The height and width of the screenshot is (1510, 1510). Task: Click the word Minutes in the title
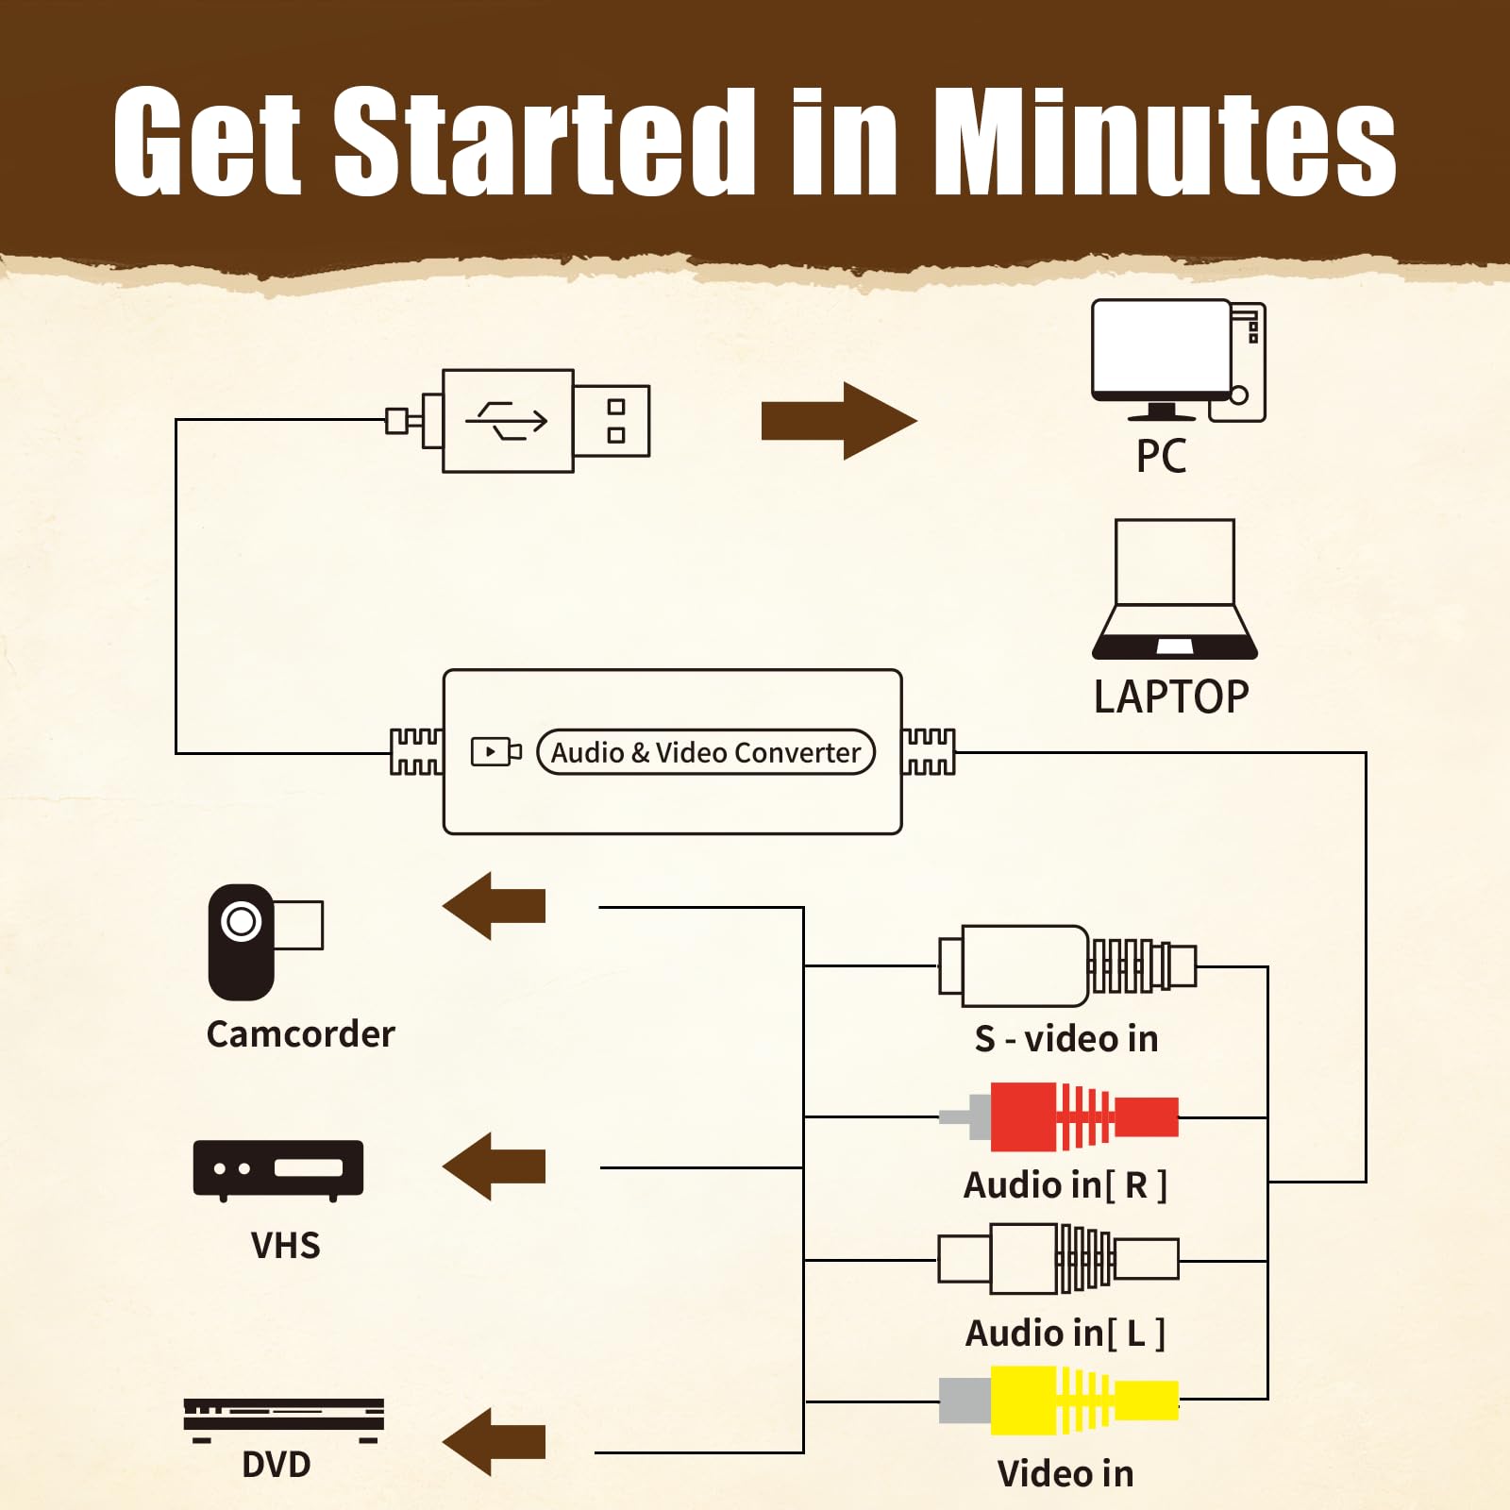pyautogui.click(x=1166, y=142)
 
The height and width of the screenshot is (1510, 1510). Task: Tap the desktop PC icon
pyautogui.click(x=1178, y=361)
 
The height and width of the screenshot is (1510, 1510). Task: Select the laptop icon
pyautogui.click(x=1175, y=589)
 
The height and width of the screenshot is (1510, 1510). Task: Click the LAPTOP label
pyautogui.click(x=1171, y=697)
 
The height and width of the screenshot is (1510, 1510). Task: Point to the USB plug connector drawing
pyautogui.click(x=518, y=421)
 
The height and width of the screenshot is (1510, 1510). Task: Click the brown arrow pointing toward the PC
pyautogui.click(x=839, y=421)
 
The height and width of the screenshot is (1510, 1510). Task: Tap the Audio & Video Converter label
pyautogui.click(x=706, y=752)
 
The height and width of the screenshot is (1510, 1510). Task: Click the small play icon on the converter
pyautogui.click(x=496, y=752)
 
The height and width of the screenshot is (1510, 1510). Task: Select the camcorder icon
pyautogui.click(x=265, y=942)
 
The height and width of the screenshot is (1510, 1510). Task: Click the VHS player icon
pyautogui.click(x=278, y=1170)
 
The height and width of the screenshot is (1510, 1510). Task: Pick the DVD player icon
pyautogui.click(x=284, y=1420)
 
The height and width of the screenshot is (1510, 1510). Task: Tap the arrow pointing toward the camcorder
pyautogui.click(x=494, y=906)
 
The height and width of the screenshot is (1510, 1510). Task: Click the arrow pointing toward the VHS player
pyautogui.click(x=494, y=1166)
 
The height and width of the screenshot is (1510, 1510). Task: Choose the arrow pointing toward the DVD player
pyautogui.click(x=494, y=1442)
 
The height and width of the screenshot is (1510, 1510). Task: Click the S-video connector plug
pyautogui.click(x=1067, y=966)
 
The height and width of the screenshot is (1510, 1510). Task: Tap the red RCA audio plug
pyautogui.click(x=1059, y=1117)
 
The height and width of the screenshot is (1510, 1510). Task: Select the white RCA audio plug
pyautogui.click(x=1059, y=1259)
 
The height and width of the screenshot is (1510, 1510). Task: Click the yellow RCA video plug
pyautogui.click(x=1059, y=1401)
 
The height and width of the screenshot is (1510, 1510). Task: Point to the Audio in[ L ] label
pyautogui.click(x=1065, y=1334)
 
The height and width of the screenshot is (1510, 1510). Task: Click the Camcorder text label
pyautogui.click(x=300, y=1034)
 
